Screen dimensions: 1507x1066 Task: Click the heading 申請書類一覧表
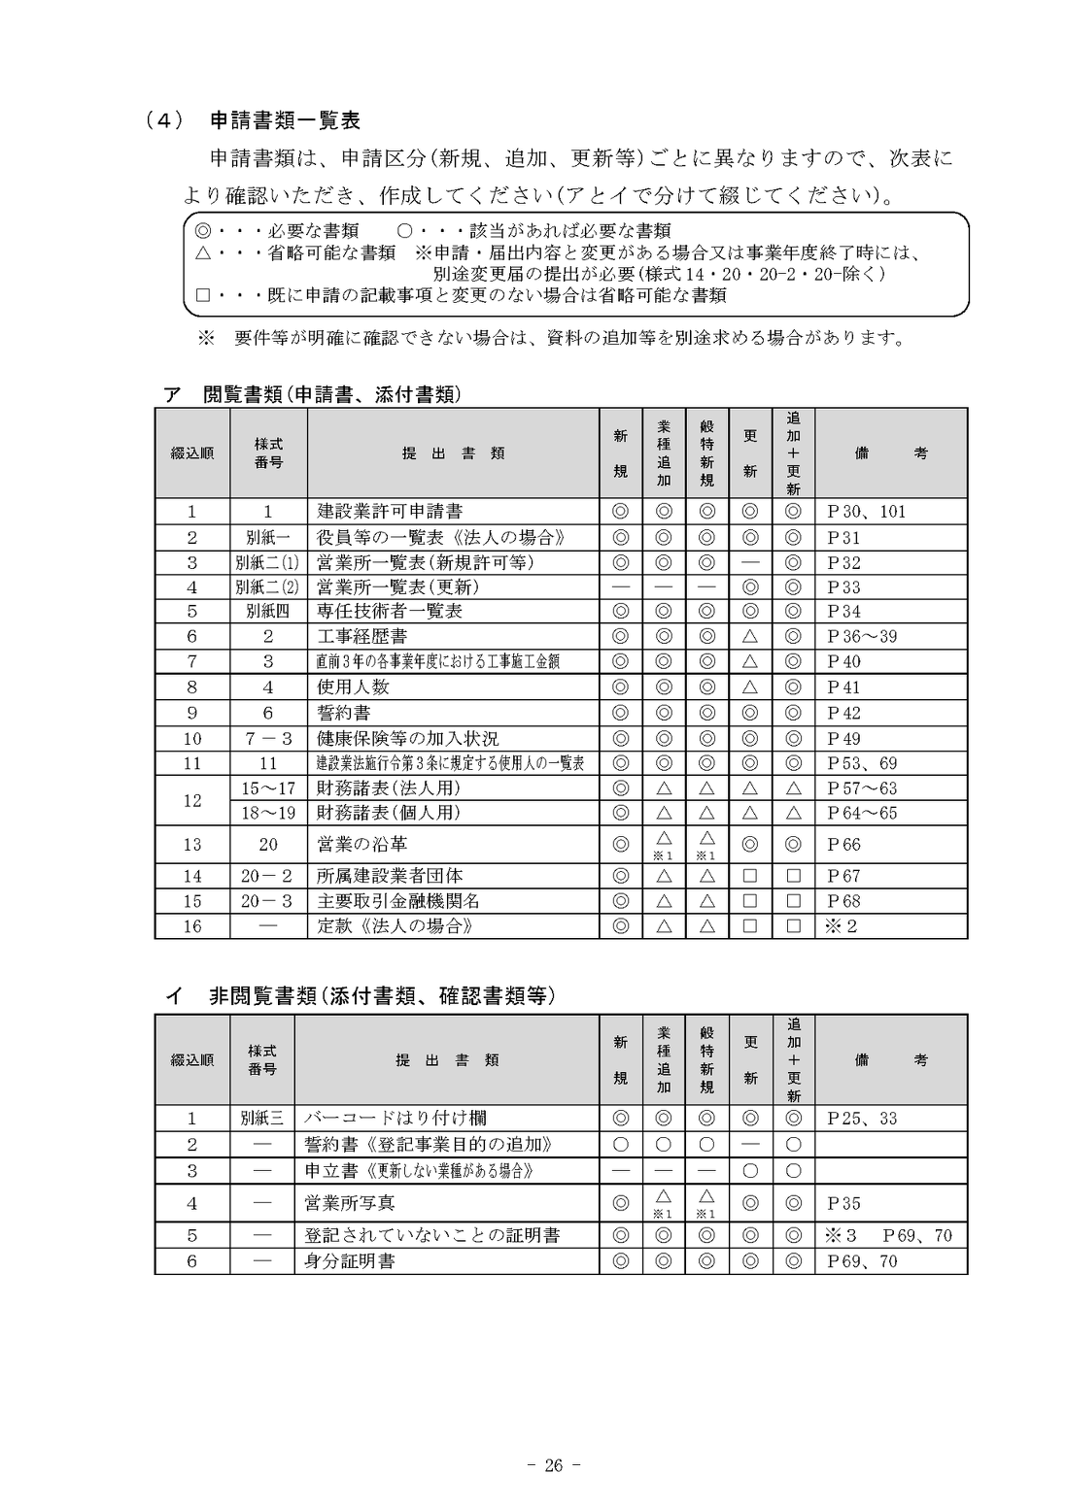pyautogui.click(x=285, y=120)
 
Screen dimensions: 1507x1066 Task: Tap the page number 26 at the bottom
pyautogui.click(x=553, y=1465)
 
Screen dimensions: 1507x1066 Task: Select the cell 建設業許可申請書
pyautogui.click(x=390, y=512)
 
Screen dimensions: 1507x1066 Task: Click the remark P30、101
pyautogui.click(x=866, y=512)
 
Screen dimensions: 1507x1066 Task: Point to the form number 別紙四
pyautogui.click(x=268, y=612)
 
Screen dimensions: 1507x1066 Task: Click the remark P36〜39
pyautogui.click(x=862, y=637)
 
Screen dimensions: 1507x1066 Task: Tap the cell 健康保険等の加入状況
pyautogui.click(x=407, y=739)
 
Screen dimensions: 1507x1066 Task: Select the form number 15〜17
pyautogui.click(x=268, y=788)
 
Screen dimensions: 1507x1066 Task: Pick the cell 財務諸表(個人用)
pyautogui.click(x=389, y=813)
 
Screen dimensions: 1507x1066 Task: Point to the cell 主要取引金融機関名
pyautogui.click(x=398, y=901)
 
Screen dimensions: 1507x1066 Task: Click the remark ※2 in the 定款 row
pyautogui.click(x=841, y=926)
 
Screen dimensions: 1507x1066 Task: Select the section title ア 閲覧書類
pyautogui.click(x=312, y=394)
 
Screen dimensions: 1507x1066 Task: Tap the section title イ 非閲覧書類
pyautogui.click(x=361, y=996)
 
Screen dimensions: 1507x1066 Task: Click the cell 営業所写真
pyautogui.click(x=349, y=1203)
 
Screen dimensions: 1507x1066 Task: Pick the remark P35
pyautogui.click(x=843, y=1204)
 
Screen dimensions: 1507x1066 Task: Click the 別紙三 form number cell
pyautogui.click(x=261, y=1119)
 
